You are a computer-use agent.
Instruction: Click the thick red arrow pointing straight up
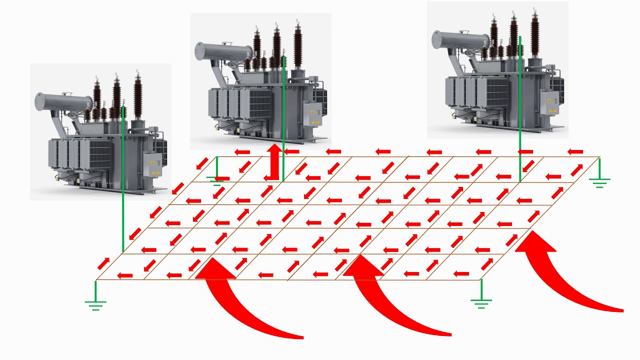(x=273, y=162)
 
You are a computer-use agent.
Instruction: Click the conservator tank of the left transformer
(x=62, y=101)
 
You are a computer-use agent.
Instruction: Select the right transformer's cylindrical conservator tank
(x=460, y=39)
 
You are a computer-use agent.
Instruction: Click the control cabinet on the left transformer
(x=152, y=164)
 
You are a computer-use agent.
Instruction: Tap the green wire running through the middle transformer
(x=283, y=120)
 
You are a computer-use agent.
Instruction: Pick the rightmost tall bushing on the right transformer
(x=535, y=35)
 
